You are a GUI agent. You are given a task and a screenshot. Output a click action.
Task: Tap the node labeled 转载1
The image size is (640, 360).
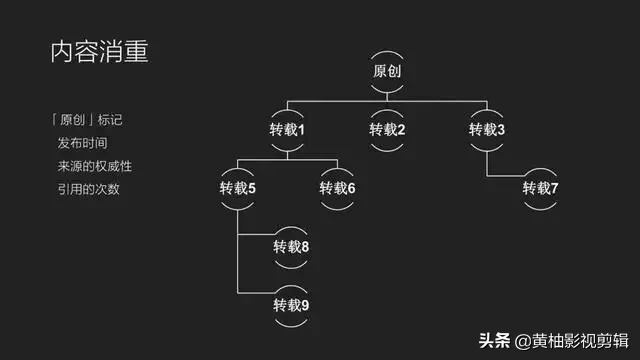point(287,130)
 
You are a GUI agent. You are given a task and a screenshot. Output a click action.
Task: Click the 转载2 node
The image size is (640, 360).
point(387,130)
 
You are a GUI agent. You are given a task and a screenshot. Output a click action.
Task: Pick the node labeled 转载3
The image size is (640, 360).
point(487,130)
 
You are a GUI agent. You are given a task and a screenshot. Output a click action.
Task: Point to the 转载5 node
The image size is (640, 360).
point(238,188)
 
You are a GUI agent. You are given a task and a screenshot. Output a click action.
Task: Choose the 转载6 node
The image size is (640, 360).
point(338,188)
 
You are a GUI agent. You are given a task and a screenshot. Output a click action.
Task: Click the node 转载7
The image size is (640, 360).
point(540,188)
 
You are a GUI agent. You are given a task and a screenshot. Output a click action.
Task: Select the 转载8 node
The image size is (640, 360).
point(291,247)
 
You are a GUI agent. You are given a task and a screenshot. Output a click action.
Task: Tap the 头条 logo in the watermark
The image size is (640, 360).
point(495,341)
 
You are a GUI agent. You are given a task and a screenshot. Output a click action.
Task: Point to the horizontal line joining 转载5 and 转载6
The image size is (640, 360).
point(287,160)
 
